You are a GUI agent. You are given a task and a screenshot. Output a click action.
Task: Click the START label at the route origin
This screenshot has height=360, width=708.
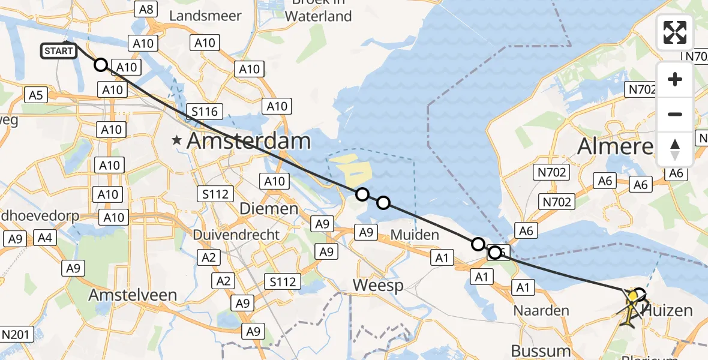[59, 51]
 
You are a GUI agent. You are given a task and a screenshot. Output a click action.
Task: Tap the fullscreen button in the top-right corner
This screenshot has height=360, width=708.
[675, 32]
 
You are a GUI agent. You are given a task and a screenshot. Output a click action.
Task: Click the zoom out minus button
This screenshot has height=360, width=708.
[675, 114]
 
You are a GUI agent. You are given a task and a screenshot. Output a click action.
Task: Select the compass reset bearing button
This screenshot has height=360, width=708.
[675, 149]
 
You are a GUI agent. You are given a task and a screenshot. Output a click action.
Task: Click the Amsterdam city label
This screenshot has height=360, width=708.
[249, 142]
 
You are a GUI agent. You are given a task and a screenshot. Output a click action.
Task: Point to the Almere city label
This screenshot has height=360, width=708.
[615, 146]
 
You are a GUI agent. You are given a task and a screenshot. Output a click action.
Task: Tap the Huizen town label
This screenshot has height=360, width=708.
[669, 311]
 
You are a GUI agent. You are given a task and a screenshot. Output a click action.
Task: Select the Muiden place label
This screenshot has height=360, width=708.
[414, 235]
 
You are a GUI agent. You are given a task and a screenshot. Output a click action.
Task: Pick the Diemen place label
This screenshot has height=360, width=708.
[269, 209]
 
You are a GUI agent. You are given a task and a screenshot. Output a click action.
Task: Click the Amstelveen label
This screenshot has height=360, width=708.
[133, 295]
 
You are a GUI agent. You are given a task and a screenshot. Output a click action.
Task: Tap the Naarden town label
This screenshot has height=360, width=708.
[541, 311]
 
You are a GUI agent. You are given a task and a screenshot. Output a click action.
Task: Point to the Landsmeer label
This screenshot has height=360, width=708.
[205, 16]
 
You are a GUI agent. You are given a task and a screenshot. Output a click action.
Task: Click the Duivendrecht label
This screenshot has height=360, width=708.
[236, 235]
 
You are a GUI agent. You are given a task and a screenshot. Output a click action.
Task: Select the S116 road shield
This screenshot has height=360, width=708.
[205, 111]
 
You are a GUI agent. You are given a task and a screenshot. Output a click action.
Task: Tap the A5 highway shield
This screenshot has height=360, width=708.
[35, 94]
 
